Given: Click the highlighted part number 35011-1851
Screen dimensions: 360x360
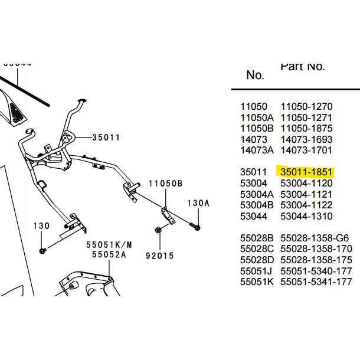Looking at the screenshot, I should pyautogui.click(x=307, y=172).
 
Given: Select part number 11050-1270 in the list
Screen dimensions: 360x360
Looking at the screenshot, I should pyautogui.click(x=306, y=107).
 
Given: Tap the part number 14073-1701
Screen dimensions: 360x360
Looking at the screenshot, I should pyautogui.click(x=306, y=150).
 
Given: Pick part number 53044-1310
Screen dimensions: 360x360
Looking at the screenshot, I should pyautogui.click(x=306, y=217).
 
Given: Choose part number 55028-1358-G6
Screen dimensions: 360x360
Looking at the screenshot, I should pyautogui.click(x=315, y=238).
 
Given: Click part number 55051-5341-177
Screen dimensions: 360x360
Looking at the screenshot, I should pyautogui.click(x=316, y=282).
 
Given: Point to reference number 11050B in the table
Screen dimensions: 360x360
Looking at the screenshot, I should pyautogui.click(x=257, y=129).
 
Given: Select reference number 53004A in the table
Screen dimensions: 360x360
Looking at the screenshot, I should pyautogui.click(x=257, y=195).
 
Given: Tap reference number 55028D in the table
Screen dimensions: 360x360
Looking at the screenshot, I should pyautogui.click(x=257, y=260).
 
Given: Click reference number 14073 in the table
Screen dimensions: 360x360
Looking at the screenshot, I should pyautogui.click(x=254, y=139).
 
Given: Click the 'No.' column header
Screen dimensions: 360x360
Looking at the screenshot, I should pyautogui.click(x=255, y=76).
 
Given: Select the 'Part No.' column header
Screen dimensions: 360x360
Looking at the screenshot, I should pyautogui.click(x=302, y=66).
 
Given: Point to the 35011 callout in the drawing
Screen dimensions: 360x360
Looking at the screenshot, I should pyautogui.click(x=106, y=138).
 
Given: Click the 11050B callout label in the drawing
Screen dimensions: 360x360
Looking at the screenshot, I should pyautogui.click(x=165, y=184).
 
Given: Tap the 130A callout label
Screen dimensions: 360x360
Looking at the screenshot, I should pyautogui.click(x=198, y=203).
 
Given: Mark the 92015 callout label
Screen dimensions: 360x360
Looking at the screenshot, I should pyautogui.click(x=159, y=256).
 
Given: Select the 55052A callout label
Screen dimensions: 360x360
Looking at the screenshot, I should pyautogui.click(x=109, y=255).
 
